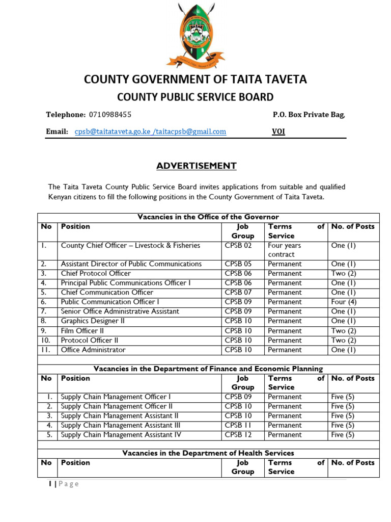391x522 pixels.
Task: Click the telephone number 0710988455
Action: (110, 115)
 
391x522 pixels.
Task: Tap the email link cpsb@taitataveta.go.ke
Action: (113, 132)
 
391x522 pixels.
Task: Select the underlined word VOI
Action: (278, 132)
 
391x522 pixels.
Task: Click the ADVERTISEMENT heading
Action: (196, 166)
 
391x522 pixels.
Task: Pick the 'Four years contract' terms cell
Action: (285, 250)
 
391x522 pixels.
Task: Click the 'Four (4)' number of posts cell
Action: (344, 302)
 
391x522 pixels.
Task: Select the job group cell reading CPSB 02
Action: (238, 246)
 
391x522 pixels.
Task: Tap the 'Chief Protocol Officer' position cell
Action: (96, 273)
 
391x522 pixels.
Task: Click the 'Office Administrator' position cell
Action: (93, 350)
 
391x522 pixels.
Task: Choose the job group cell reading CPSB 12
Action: (238, 435)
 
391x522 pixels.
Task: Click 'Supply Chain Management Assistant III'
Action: (121, 425)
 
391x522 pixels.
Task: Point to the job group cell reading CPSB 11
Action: (238, 425)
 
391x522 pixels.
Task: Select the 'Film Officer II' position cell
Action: (82, 330)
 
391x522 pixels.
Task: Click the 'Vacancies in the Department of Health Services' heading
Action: (208, 453)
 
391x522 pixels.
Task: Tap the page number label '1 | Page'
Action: (64, 484)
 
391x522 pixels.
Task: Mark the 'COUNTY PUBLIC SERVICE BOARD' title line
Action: (195, 97)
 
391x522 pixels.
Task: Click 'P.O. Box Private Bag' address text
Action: (309, 115)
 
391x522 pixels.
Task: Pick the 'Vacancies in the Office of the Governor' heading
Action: (208, 217)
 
